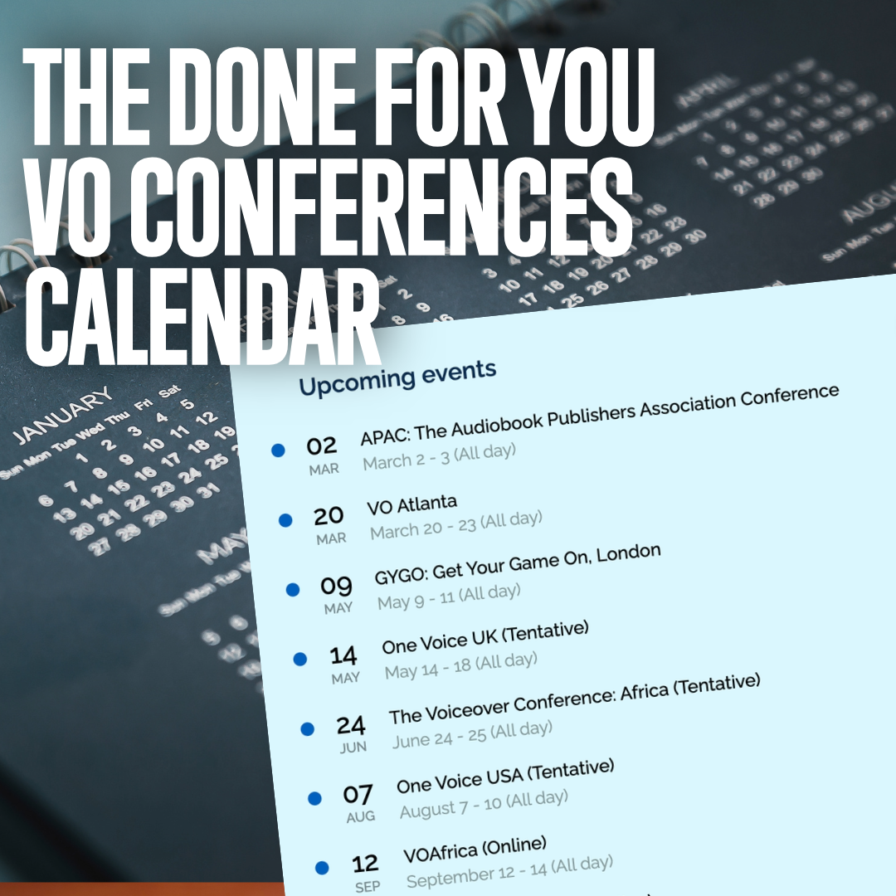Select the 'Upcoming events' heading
coord(397,377)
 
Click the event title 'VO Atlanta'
coord(411,504)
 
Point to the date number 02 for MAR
coord(321,447)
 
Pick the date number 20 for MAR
coord(329,516)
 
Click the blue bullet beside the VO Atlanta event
coord(285,520)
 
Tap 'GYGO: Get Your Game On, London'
coord(517,566)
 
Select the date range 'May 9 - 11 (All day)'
coord(449,597)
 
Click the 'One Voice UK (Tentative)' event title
coord(485,636)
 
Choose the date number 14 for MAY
coord(343,656)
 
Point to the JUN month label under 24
coord(353,747)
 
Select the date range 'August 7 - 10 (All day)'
coord(484,803)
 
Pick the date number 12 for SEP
coord(365,864)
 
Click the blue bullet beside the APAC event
coord(278,450)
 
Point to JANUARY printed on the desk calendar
coord(63,415)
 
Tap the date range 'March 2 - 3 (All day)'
coord(439,456)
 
